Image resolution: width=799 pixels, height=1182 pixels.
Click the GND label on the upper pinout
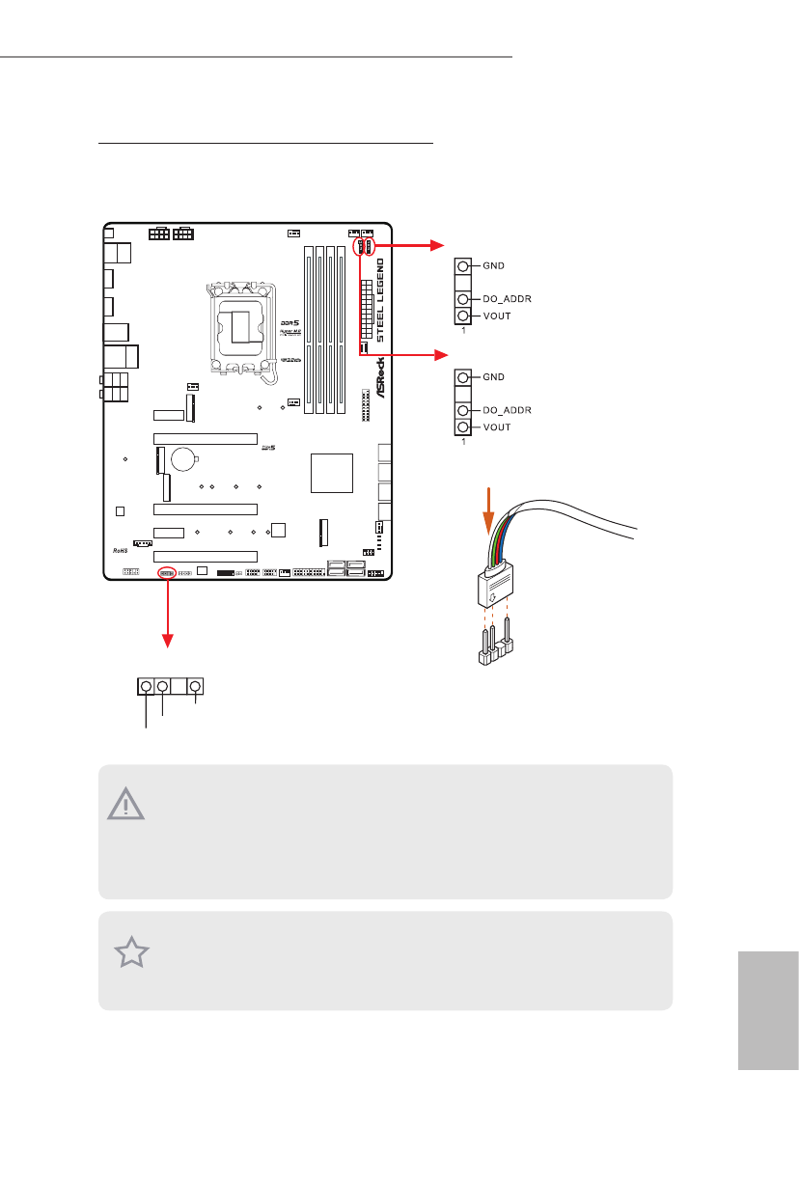(493, 265)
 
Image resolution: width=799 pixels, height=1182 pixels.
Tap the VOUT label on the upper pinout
(496, 316)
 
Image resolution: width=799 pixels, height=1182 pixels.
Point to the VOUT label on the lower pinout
(496, 426)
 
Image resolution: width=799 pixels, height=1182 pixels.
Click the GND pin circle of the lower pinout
(463, 377)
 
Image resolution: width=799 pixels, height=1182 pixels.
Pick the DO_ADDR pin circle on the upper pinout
(463, 300)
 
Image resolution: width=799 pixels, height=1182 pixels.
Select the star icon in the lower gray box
(132, 953)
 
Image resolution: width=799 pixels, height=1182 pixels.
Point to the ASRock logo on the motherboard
(380, 379)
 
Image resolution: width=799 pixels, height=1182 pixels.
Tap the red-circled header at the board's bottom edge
(166, 572)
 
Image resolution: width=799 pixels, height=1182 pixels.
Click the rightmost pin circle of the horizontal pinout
(196, 686)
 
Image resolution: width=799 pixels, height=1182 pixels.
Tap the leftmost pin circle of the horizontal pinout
(147, 686)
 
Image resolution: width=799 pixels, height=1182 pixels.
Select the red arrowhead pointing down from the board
(169, 638)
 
